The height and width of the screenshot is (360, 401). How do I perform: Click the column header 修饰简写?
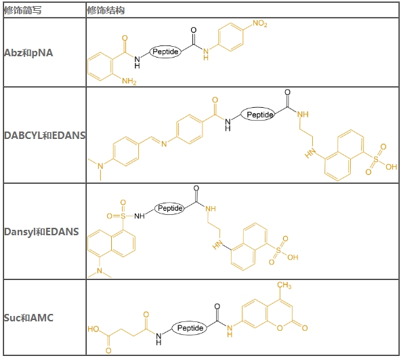[23, 10]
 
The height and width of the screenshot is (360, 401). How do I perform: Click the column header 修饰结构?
[106, 10]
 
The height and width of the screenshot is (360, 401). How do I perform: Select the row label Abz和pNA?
[28, 53]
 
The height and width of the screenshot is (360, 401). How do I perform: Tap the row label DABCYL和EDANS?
[45, 135]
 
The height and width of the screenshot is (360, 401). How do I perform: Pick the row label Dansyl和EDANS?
[41, 232]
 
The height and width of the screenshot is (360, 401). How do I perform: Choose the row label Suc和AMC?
[28, 318]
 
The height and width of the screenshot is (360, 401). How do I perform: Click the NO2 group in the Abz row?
[260, 24]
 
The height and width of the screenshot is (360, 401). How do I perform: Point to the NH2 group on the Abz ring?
[129, 81]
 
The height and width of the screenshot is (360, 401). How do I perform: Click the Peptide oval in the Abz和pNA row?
[165, 52]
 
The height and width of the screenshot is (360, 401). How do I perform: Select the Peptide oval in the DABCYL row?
[259, 114]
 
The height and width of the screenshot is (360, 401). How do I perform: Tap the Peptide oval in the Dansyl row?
[170, 208]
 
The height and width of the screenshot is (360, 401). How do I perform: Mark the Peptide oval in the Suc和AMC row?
[190, 328]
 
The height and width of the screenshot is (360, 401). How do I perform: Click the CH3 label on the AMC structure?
[284, 285]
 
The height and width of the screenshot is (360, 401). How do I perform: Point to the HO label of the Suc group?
[93, 329]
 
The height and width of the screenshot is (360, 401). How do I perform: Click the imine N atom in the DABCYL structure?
[164, 144]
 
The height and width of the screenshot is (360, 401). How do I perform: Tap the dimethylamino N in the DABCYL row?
[100, 166]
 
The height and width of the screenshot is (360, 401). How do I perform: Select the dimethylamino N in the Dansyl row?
[100, 271]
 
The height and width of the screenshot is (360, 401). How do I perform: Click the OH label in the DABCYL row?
[392, 167]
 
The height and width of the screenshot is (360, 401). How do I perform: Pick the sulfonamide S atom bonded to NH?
[123, 216]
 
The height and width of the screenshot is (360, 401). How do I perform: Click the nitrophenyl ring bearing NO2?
[231, 37]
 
